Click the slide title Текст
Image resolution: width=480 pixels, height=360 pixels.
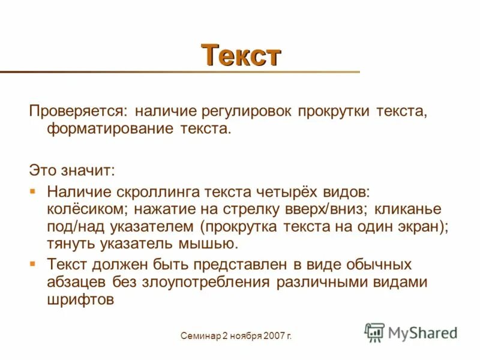[x=241, y=55]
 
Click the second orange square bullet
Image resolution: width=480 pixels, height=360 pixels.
[x=34, y=263]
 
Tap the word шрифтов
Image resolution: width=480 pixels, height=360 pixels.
[x=80, y=299]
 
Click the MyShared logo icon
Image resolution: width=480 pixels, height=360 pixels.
[x=374, y=332]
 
